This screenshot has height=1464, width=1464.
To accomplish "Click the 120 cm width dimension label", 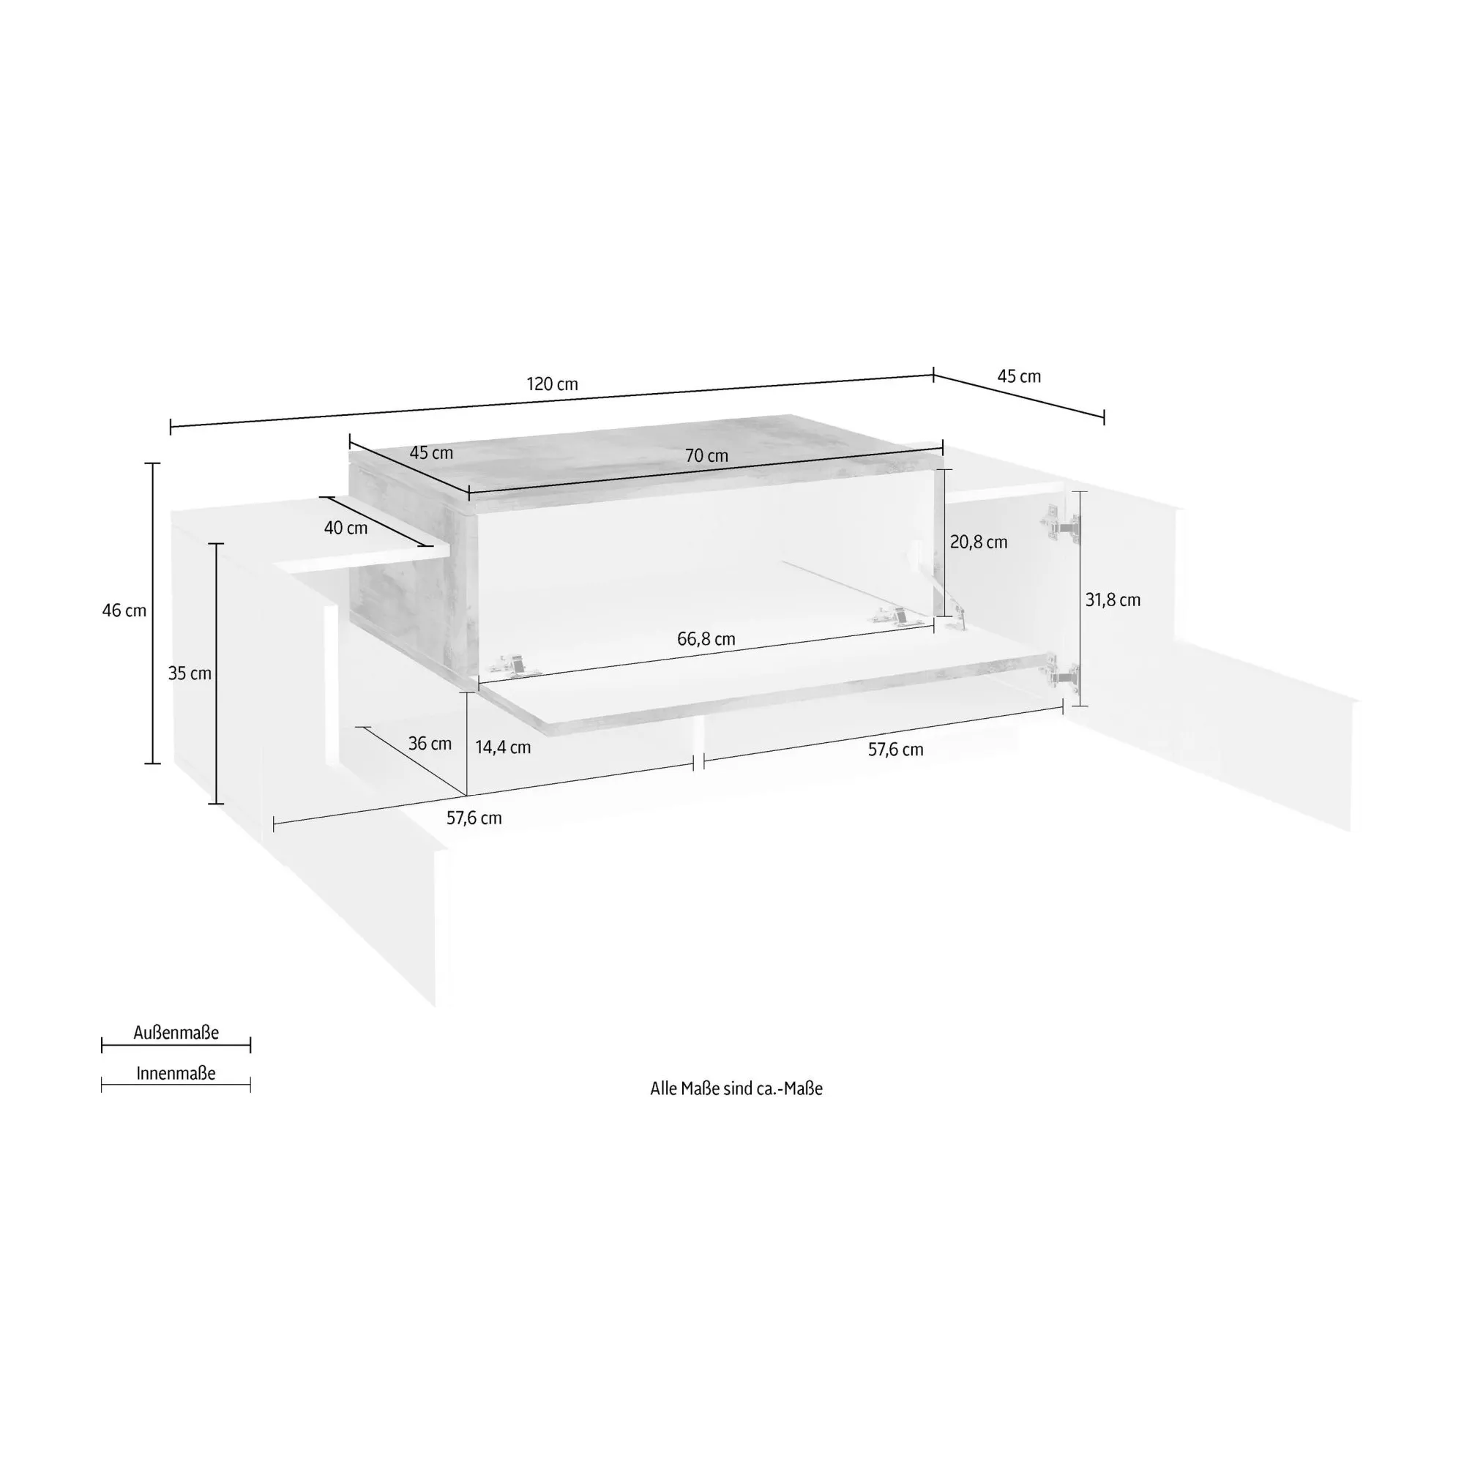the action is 553,384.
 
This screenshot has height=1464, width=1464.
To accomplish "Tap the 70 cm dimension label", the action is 706,455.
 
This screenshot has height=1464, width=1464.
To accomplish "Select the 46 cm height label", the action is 124,610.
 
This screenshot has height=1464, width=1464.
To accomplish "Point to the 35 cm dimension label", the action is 190,673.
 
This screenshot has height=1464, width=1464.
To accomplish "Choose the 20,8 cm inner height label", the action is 978,542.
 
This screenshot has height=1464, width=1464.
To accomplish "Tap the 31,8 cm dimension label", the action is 1113,600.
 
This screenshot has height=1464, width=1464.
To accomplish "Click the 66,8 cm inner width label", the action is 706,640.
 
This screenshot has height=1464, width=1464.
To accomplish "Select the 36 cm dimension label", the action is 430,744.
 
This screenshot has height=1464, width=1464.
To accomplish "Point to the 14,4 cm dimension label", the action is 503,748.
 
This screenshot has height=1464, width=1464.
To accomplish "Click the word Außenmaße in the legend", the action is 176,1033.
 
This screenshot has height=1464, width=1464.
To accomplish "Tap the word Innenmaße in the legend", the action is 176,1074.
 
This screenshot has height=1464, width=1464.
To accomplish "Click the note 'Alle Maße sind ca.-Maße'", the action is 736,1089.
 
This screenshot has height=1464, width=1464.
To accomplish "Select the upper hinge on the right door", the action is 1060,523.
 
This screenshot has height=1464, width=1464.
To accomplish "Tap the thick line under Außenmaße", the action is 176,1046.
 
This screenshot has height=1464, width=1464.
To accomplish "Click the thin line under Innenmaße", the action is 176,1085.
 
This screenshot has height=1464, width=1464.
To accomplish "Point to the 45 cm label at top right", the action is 1018,376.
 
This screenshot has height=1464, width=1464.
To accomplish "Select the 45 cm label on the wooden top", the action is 431,453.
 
